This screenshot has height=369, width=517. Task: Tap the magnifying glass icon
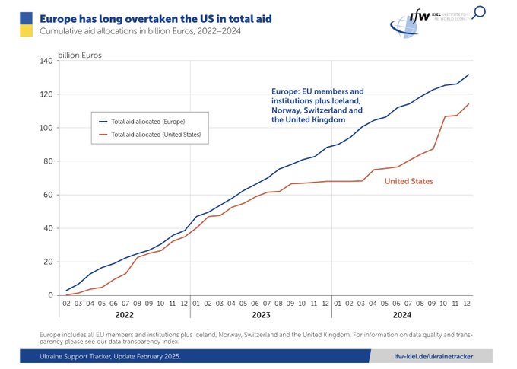click(480, 12)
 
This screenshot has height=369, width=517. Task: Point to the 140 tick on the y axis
click(45, 61)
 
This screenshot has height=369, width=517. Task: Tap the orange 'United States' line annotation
click(408, 181)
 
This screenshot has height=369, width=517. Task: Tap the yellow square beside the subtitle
click(25, 30)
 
